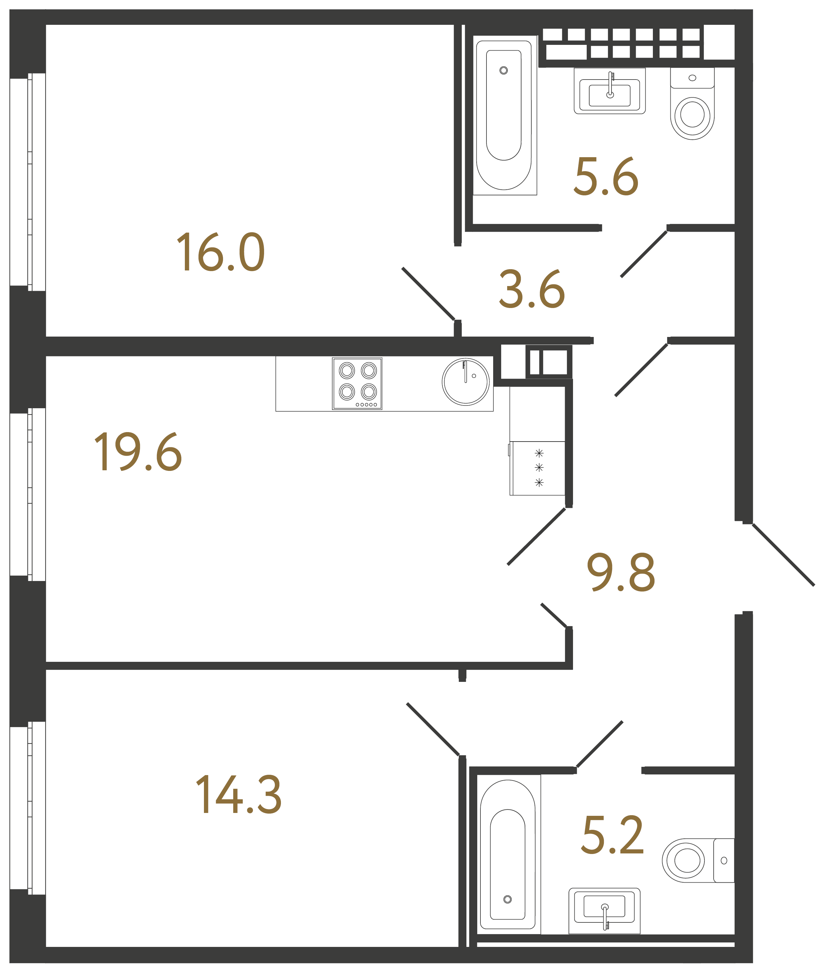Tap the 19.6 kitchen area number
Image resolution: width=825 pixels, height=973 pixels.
pos(138,452)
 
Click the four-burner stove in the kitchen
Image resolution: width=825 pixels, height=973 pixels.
pos(357,384)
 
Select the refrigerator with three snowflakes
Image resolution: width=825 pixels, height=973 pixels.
pos(537,468)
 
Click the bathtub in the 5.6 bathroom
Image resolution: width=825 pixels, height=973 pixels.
pos(505,115)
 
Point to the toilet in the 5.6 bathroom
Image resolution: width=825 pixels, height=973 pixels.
pos(692,104)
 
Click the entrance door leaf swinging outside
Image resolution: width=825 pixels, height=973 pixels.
pos(783,555)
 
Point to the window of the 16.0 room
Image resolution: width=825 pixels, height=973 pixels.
pos(28,182)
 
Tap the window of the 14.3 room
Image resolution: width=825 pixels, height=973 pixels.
pos(28,808)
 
